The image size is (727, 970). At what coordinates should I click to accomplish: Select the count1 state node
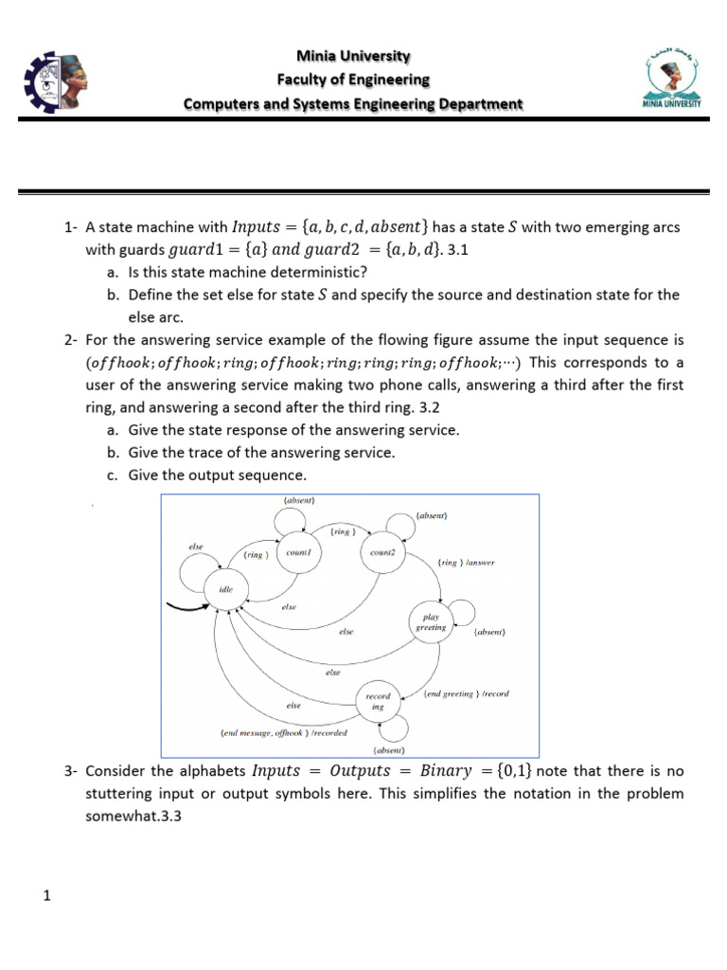pos(298,553)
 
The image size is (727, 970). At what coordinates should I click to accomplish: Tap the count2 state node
pos(383,553)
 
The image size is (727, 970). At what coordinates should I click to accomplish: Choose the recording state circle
pos(378,701)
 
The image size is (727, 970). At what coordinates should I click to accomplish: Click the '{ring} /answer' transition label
pos(467,563)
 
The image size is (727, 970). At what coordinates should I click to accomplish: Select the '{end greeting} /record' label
pos(466,693)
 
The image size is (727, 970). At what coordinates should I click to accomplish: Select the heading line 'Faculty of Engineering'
pos(352,80)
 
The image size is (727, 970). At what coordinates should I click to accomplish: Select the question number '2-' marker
pos(72,339)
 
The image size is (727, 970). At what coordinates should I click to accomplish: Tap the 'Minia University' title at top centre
pos(352,56)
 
